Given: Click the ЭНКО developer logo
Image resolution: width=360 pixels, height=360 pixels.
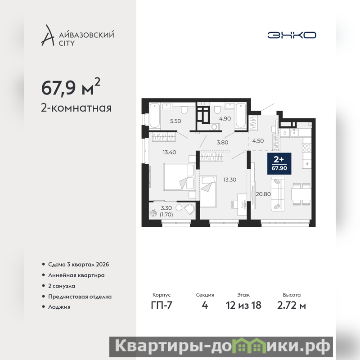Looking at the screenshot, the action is pos(292,35).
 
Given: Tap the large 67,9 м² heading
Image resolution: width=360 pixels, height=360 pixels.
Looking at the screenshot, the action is pos(71,87).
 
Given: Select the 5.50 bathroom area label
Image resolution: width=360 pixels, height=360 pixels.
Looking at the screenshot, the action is pos(175,121).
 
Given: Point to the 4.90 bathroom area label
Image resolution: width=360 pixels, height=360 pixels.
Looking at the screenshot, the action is pos(225,119).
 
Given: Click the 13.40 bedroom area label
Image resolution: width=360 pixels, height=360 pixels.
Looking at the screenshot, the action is pos(170,152).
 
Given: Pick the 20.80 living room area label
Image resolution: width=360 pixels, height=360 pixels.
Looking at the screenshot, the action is pos(263,194).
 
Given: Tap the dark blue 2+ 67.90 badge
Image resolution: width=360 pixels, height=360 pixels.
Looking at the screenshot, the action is pos(279,164).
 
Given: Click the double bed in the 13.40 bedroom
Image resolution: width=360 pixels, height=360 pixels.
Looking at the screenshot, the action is pos(179,177).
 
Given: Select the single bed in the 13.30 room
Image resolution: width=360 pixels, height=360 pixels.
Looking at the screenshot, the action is pos(208,191).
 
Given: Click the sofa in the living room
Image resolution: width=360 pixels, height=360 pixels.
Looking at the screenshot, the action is pos(278,194).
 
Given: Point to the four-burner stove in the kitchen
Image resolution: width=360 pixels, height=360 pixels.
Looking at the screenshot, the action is pos(307,148).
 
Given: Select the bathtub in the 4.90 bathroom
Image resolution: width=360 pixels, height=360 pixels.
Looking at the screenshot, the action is pos(240,115).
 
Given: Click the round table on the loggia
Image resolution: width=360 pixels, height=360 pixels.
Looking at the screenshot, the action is pos(179,208).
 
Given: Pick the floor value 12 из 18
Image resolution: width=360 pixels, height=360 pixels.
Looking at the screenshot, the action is pos(243,306).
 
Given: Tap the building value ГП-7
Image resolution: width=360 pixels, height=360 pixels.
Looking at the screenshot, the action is pos(162,306).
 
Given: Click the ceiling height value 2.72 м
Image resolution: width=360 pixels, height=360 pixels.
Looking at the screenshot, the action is pos(292,306).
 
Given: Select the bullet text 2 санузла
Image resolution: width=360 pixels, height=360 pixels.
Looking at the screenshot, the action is pos(62,286).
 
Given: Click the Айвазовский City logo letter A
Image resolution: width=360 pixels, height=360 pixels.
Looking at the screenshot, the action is pos(48,35).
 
